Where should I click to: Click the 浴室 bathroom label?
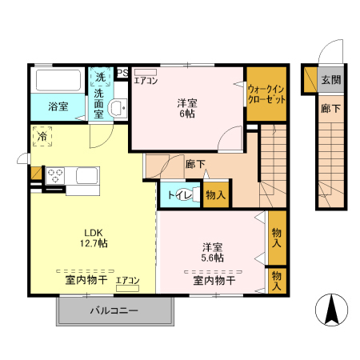click(57, 106)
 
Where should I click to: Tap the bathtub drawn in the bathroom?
click(58, 81)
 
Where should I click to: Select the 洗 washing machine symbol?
click(100, 77)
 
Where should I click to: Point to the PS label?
click(122, 73)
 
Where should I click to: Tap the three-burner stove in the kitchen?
click(57, 176)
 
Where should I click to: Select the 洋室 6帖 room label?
click(186, 109)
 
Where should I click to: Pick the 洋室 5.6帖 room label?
click(212, 252)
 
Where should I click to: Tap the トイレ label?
click(178, 194)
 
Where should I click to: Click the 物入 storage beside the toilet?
click(214, 194)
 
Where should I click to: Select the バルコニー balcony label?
click(114, 310)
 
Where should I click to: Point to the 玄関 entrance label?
click(330, 79)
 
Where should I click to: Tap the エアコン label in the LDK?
click(128, 280)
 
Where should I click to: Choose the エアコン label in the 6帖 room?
click(146, 81)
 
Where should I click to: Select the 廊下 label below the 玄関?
click(328, 109)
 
